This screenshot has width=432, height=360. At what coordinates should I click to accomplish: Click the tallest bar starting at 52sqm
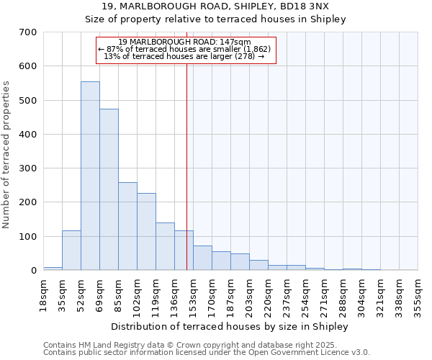[90, 176]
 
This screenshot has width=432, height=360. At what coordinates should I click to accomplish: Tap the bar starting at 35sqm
[71, 250]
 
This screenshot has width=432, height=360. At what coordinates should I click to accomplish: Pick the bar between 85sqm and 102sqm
[127, 226]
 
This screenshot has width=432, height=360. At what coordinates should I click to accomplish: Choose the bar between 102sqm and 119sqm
[146, 231]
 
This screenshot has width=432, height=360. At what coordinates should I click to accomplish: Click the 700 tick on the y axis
[28, 32]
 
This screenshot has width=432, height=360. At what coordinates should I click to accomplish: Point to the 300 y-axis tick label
[28, 168]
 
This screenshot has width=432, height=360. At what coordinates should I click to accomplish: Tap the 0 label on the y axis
[33, 271]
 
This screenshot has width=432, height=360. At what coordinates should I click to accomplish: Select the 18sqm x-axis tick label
[44, 291]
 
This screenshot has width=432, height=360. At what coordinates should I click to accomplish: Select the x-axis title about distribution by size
[230, 326]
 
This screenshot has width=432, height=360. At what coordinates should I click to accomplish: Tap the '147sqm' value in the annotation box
[236, 42]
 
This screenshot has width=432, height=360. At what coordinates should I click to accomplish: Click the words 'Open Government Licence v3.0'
[310, 352]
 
